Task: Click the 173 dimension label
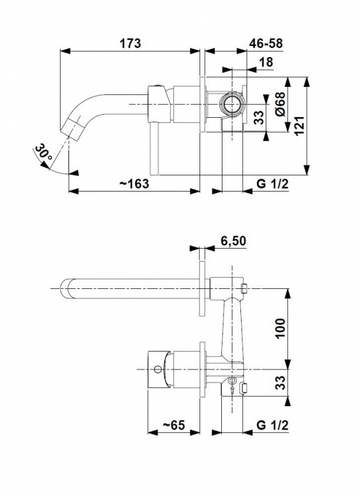coord(130,43)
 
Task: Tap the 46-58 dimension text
coord(266,43)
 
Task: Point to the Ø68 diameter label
coord(280,104)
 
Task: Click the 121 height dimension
coord(299,126)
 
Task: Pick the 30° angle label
coord(43,152)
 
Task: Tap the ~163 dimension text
coord(133,183)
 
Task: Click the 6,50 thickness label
coord(233,241)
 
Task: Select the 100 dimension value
coord(280,329)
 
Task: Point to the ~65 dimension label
coord(173,425)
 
